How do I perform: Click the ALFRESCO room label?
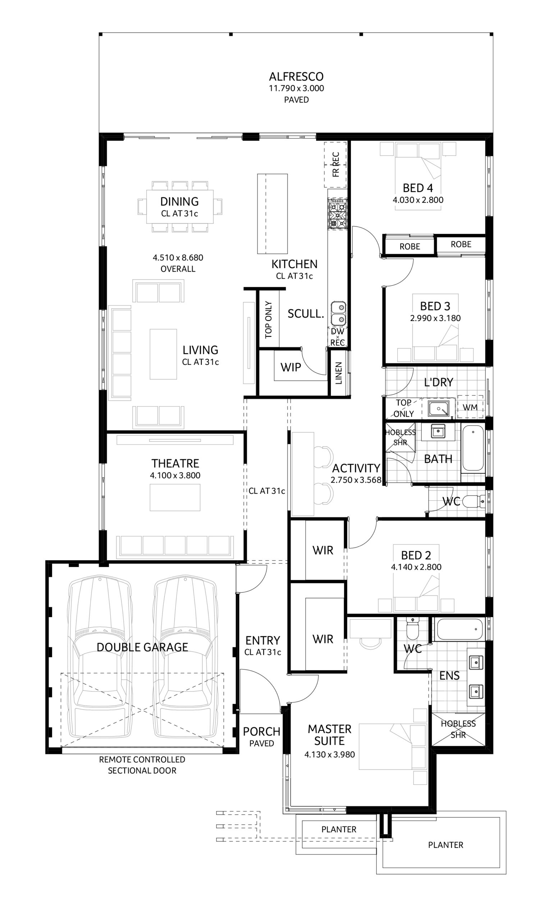296,77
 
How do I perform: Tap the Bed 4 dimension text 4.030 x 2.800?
418,200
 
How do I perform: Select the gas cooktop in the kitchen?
337,213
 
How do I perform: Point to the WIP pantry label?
290,367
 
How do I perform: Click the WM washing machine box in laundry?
470,407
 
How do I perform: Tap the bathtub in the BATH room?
473,448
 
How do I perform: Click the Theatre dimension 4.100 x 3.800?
175,475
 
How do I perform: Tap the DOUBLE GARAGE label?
142,647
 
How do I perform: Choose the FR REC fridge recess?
335,165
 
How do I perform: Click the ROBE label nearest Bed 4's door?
410,247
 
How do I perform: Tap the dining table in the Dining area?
180,207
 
